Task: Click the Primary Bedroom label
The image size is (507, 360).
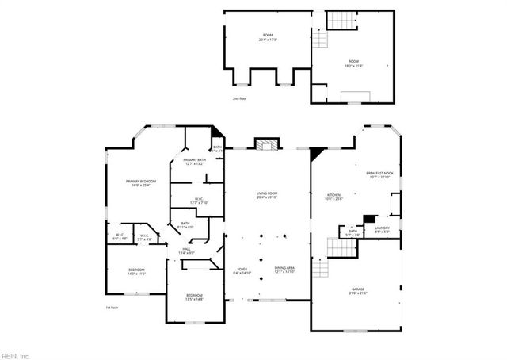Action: click(x=140, y=183)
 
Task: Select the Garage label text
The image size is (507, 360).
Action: click(x=359, y=291)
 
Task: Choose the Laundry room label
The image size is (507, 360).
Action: click(x=382, y=229)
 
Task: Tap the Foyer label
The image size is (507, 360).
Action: click(x=242, y=271)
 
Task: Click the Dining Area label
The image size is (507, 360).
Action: click(x=284, y=271)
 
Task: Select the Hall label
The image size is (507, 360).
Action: click(x=187, y=251)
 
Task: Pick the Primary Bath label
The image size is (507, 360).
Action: click(x=195, y=162)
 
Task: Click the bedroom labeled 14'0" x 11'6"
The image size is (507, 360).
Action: click(x=136, y=271)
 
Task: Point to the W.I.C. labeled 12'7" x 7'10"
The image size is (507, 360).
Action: click(x=200, y=201)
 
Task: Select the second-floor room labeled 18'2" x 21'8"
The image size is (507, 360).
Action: click(x=353, y=63)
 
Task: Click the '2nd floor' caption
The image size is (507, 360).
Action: click(x=240, y=99)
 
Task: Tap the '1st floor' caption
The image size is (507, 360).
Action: click(x=112, y=308)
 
